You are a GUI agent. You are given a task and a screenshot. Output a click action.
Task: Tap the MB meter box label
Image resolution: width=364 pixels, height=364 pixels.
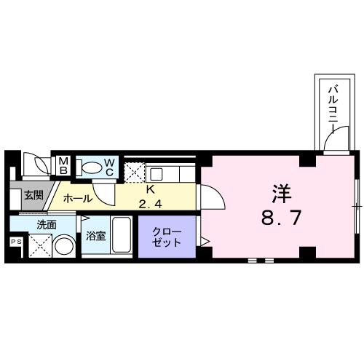coord(63,165)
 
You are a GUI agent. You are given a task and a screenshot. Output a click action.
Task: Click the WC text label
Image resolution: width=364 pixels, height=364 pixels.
coord(109,167)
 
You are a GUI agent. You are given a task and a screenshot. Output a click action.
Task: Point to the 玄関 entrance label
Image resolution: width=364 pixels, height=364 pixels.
coord(33,195)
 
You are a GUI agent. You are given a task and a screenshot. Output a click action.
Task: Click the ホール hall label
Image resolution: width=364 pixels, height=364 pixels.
coord(78,199)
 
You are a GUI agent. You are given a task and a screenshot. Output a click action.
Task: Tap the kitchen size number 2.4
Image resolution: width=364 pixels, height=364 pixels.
coord(150,205)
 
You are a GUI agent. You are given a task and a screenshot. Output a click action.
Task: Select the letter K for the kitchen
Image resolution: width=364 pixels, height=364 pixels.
coord(151,189)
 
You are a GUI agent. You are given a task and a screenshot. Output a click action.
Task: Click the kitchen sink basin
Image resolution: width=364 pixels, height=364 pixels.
coord(156,174)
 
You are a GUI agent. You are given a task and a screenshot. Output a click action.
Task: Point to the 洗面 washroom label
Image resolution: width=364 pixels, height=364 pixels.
coord(47,225)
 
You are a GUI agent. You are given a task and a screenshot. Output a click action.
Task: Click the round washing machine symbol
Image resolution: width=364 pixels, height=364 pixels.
coord(64,246)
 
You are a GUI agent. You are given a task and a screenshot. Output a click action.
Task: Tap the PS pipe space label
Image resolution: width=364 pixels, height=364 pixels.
coord(16,242)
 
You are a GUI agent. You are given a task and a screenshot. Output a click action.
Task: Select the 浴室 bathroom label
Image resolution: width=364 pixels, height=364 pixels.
coord(96,236)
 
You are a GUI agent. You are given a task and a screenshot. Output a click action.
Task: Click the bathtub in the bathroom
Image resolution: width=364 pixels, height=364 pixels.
coord(122,235)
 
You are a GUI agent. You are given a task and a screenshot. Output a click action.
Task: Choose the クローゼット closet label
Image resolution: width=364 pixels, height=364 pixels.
coord(167,237)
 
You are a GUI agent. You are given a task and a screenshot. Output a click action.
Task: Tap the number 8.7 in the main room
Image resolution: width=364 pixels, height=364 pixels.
coord(282,218)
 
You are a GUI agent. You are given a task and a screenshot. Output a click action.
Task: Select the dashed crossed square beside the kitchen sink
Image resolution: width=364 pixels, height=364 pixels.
coord(135,173)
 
